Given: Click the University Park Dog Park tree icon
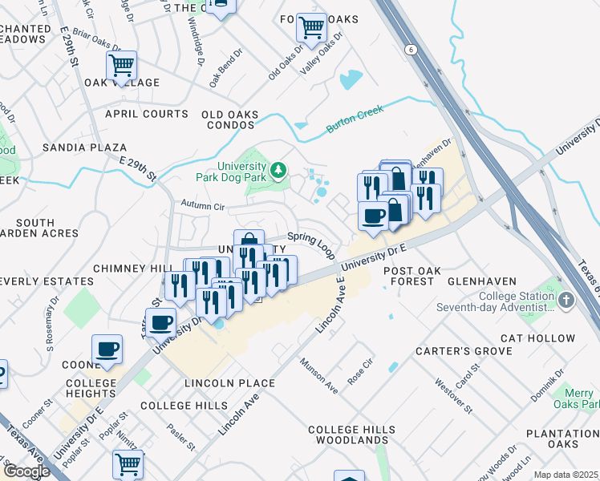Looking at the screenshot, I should [278, 169].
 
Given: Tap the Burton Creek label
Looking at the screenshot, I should [355, 122].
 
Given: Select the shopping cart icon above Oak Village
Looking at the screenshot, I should [121, 65].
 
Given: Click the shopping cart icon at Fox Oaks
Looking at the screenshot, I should [311, 28].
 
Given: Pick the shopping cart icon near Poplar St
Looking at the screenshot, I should [128, 463].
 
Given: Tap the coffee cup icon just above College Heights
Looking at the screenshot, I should [107, 350].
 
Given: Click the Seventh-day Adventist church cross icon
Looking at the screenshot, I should [566, 301].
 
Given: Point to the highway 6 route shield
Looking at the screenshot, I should [411, 50].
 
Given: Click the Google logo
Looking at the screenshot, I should [26, 471].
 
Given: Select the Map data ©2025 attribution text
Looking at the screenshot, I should [566, 475].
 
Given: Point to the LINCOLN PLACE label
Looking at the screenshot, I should [229, 383].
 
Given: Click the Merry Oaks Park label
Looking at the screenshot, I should [577, 398].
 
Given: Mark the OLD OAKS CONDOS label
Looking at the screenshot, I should [229, 119].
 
